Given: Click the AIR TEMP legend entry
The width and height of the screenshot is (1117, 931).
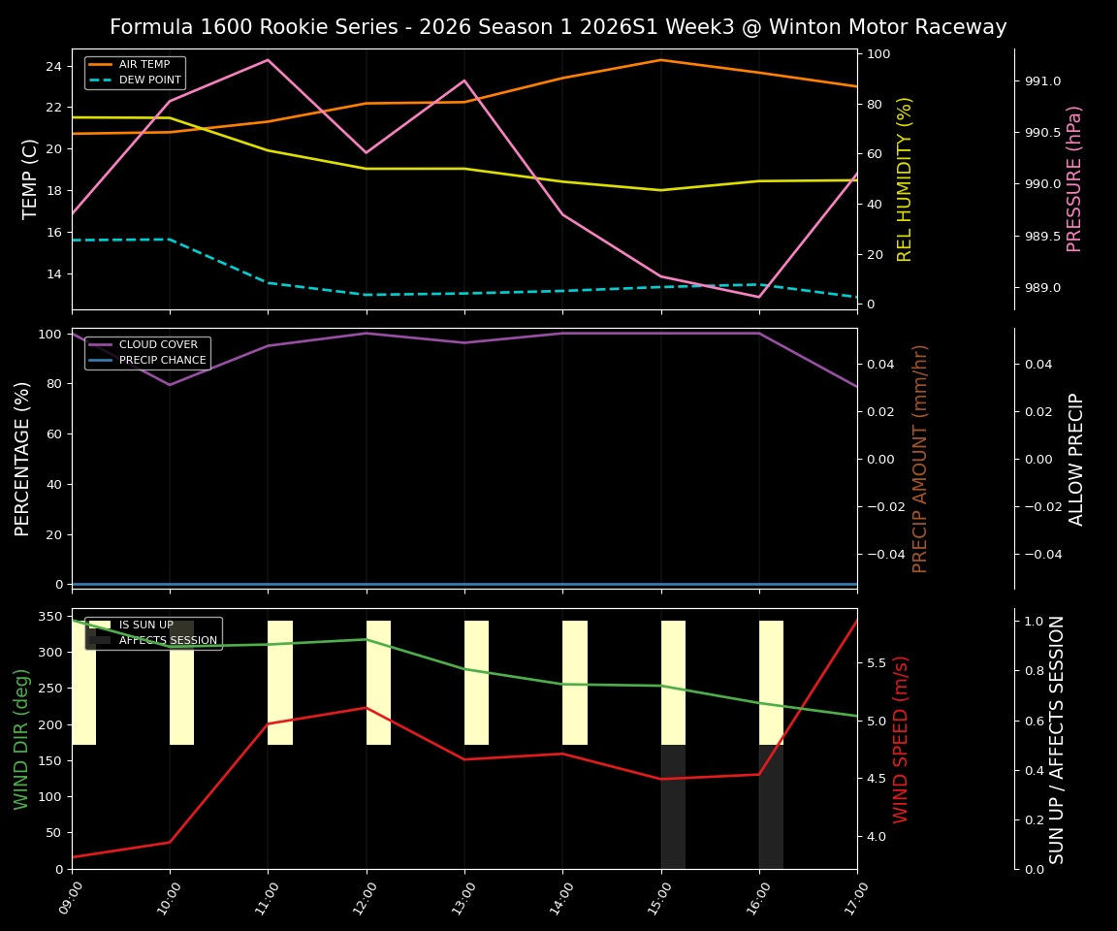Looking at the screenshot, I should [x=144, y=64].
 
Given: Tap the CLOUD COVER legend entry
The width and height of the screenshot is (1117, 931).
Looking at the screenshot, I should [x=157, y=344].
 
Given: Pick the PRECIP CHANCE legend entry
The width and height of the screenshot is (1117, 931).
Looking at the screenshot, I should [x=162, y=361].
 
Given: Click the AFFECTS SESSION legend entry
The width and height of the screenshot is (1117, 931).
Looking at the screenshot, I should [x=167, y=640].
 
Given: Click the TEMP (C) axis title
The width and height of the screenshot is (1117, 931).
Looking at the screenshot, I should [x=30, y=178].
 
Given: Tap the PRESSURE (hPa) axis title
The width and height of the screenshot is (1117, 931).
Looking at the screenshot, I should [x=1074, y=178].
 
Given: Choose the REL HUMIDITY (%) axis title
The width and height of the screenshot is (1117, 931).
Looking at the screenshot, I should [x=905, y=178].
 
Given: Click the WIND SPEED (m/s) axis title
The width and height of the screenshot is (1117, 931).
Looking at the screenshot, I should [x=902, y=739].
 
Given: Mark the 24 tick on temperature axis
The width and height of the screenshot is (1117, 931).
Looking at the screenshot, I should [x=53, y=66].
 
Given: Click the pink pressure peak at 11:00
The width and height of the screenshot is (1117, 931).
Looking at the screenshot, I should [x=268, y=60].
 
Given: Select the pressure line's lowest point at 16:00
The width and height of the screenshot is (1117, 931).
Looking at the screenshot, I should [x=758, y=297].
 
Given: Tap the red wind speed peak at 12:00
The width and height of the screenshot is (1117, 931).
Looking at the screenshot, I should [x=367, y=707].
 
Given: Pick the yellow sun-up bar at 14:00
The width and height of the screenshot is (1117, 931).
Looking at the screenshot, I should [x=575, y=683].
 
